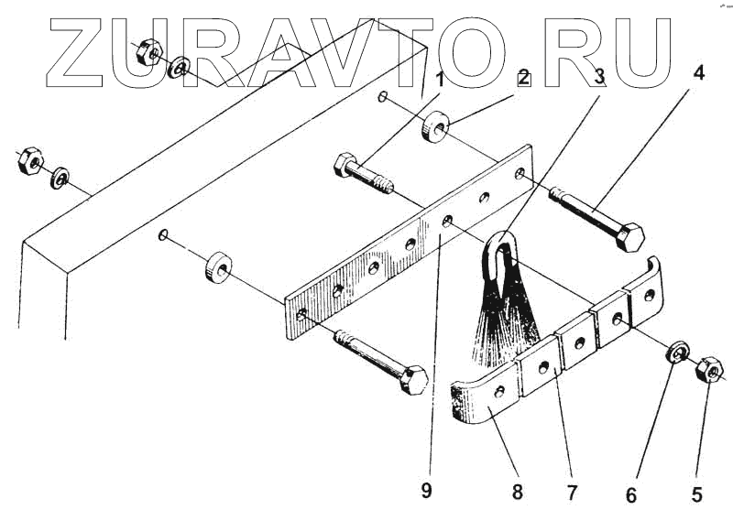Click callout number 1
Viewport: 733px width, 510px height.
[442, 79]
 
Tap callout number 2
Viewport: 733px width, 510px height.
[523, 78]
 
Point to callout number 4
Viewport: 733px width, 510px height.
[698, 73]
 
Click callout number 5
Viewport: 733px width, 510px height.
[697, 494]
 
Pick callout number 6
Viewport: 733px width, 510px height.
[630, 494]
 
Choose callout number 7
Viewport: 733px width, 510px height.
[573, 494]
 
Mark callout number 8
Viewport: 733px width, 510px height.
[518, 493]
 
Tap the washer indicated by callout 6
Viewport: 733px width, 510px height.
[678, 353]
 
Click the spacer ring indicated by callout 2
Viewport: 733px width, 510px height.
[434, 127]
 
